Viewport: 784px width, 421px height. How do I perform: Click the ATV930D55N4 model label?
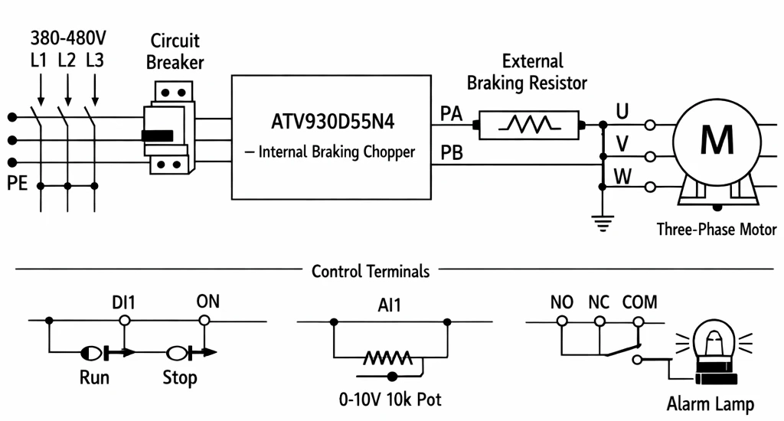(x=332, y=122)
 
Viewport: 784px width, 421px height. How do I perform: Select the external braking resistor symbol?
(x=529, y=125)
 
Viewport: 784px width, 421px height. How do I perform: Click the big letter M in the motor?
(x=717, y=139)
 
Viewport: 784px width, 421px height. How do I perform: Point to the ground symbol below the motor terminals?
(x=603, y=223)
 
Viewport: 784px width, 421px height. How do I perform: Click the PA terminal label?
(x=451, y=113)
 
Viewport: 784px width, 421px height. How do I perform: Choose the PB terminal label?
(x=452, y=152)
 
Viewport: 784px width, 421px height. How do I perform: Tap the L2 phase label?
(x=67, y=60)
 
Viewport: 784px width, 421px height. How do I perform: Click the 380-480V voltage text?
(x=68, y=38)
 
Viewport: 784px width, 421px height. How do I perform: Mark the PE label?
(x=17, y=183)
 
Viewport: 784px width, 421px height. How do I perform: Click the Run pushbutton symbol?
(x=107, y=353)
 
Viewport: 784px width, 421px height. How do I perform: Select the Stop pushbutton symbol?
(x=191, y=353)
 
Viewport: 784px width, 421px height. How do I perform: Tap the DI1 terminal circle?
(x=125, y=321)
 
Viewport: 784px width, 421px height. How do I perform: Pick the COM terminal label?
(x=639, y=302)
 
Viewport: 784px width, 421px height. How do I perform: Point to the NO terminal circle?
(x=562, y=321)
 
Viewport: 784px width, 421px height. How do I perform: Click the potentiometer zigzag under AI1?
(x=388, y=357)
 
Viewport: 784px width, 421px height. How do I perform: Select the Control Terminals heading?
(x=371, y=271)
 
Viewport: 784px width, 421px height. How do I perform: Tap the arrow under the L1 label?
(x=41, y=90)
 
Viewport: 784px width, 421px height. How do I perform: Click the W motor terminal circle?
(x=649, y=188)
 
